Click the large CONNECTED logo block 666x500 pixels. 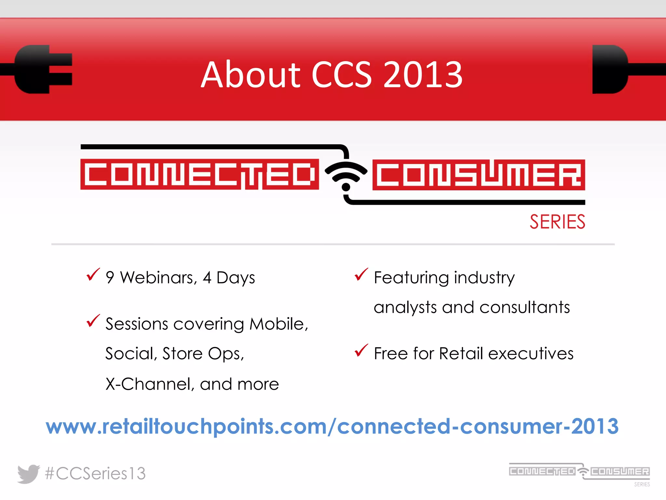click(199, 174)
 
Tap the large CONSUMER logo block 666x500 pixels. click(478, 175)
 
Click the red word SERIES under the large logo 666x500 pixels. click(557, 222)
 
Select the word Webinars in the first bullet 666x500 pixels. click(158, 278)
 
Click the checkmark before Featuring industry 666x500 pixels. click(361, 275)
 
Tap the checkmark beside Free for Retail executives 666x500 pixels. click(361, 351)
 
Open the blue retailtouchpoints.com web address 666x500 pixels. click(332, 426)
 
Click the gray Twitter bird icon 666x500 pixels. click(28, 474)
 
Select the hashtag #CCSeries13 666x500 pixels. click(95, 474)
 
